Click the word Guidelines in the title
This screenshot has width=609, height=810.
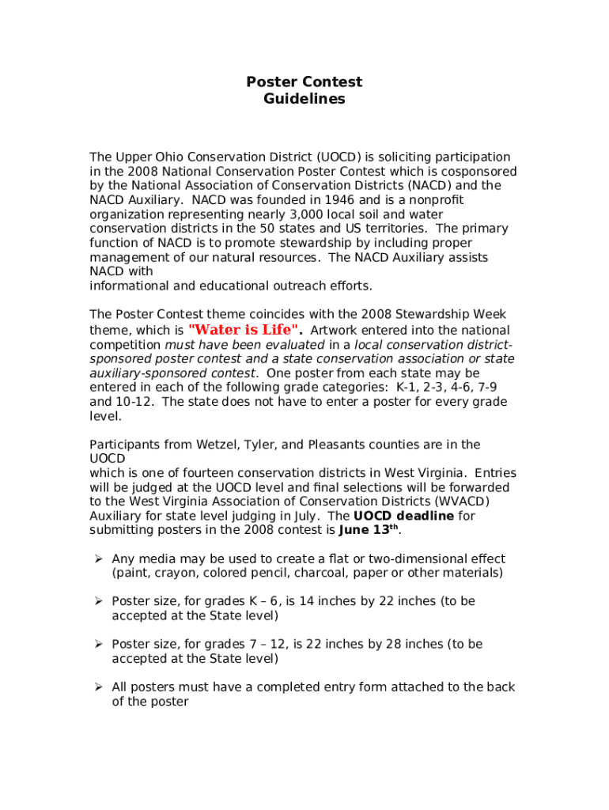[x=304, y=100]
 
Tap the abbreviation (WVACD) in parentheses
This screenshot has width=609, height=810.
[x=461, y=502]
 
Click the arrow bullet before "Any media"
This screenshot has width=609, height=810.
[x=99, y=558]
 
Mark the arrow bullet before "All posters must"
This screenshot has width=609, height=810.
[x=99, y=687]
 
